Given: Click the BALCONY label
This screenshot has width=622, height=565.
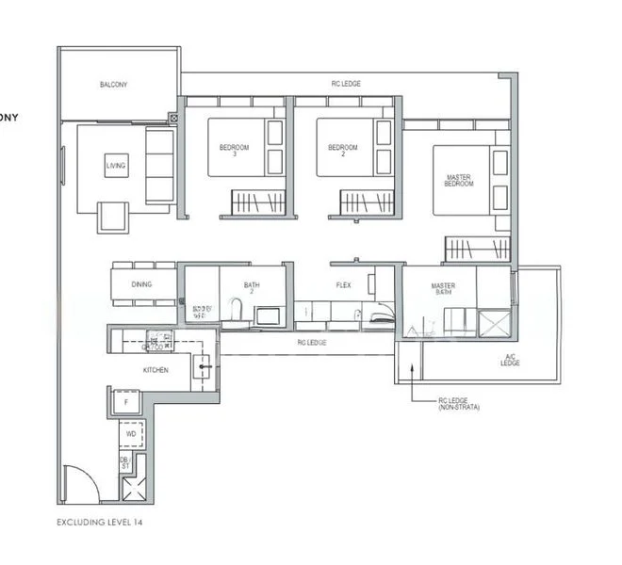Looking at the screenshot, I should tap(113, 85).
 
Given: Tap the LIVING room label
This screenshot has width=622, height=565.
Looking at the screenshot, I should tap(116, 166).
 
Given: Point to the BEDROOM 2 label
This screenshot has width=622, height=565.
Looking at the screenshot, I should tap(343, 151).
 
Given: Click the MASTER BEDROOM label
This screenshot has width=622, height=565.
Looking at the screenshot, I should tap(459, 179).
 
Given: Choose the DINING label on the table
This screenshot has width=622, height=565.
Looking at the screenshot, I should tap(141, 282).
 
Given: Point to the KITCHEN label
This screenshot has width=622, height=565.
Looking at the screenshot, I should tap(155, 370).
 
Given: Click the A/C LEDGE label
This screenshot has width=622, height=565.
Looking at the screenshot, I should tap(510, 360).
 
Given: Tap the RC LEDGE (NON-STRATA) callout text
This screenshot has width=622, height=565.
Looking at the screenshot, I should tap(455, 405).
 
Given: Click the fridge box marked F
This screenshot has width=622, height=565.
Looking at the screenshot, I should tap(124, 403).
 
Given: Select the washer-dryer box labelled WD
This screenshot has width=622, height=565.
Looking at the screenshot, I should tap(130, 435).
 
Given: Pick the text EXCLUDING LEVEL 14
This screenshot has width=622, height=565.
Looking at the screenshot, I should tap(99, 521).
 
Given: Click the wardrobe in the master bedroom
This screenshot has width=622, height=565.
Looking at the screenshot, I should tap(477, 250).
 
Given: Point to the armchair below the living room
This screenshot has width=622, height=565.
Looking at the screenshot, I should tap(114, 218).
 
